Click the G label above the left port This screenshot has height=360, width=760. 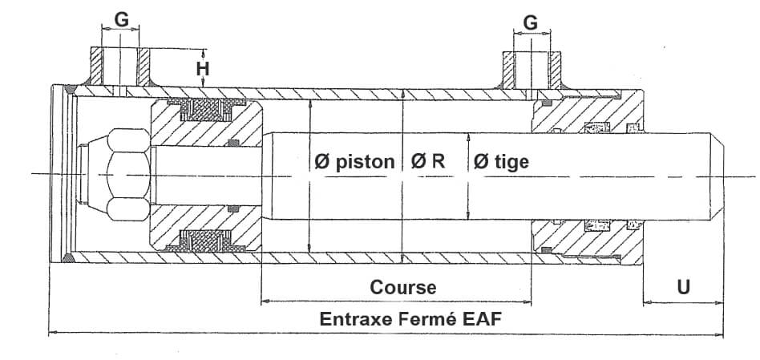[121, 19]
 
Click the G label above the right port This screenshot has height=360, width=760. [531, 22]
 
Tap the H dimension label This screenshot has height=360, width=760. [204, 69]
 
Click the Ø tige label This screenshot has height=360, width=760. [501, 162]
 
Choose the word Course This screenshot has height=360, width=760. [402, 287]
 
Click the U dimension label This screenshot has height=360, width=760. [683, 287]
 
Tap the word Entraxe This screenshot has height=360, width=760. [354, 318]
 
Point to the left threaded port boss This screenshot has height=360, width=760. [121, 67]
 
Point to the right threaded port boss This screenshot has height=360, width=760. [531, 71]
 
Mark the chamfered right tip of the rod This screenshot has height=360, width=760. [720, 174]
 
